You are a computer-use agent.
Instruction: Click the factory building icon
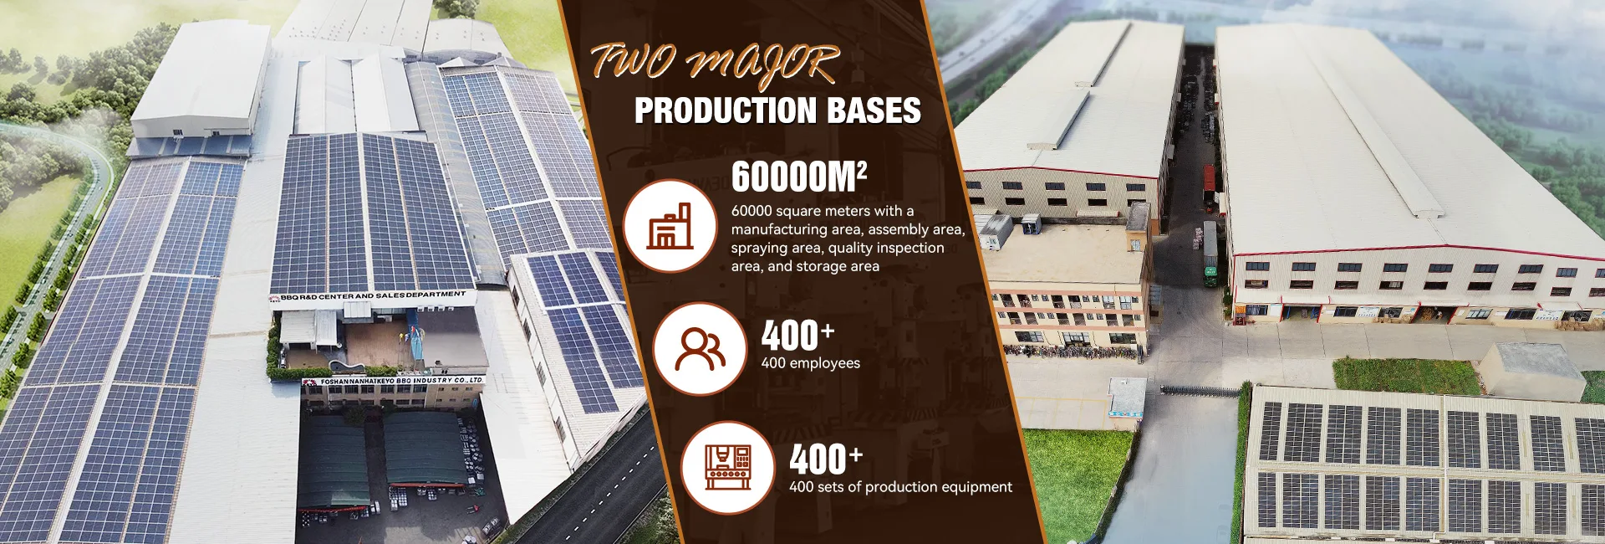coord(670,226)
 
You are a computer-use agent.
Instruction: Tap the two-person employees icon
coord(700,349)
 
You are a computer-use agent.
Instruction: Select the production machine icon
coord(728,467)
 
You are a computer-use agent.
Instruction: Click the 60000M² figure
coord(798,177)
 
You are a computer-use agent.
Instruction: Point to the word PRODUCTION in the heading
coord(725,110)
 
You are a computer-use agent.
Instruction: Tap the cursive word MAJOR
coord(761,64)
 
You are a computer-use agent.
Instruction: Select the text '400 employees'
coord(810,363)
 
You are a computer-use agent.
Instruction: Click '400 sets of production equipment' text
coord(900,487)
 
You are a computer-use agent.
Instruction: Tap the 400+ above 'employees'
coord(797,336)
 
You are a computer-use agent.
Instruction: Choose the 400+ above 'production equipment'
coord(826,459)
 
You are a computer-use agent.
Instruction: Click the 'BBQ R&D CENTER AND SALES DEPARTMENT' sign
coord(373,296)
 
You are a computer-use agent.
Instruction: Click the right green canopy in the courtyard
coord(424,450)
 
